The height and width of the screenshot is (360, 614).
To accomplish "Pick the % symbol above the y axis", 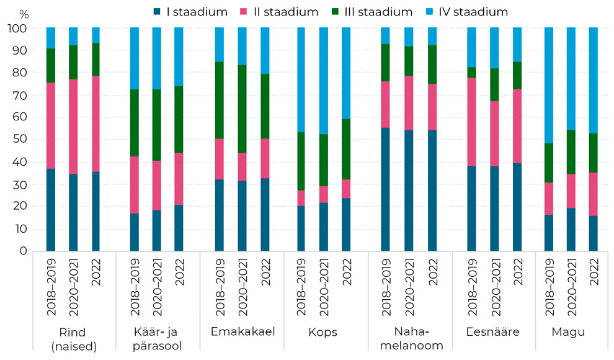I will click(24, 13).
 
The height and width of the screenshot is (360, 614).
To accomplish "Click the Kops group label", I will click(323, 332).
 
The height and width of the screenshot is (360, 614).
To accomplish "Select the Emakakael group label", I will click(242, 332).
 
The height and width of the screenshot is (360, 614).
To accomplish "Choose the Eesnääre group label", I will click(492, 332).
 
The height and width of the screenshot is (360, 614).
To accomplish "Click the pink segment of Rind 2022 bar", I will click(96, 124).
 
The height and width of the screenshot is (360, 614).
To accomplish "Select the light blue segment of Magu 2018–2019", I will click(549, 85).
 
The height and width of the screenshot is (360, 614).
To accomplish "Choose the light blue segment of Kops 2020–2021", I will click(324, 81).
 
